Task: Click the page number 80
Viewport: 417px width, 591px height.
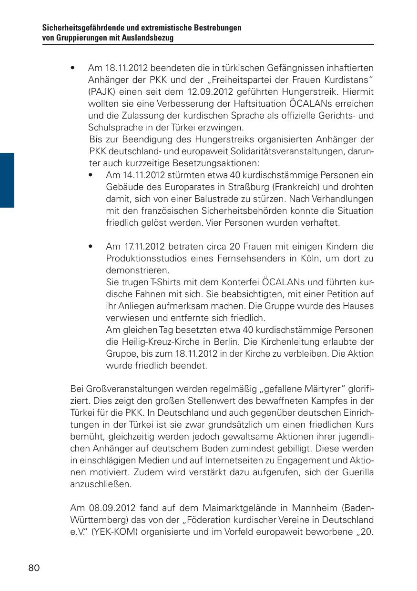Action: pyautogui.click(x=34, y=568)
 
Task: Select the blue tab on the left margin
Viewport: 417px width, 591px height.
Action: pyautogui.click(x=7, y=180)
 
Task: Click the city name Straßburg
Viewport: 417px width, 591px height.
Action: pyautogui.click(x=242, y=187)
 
